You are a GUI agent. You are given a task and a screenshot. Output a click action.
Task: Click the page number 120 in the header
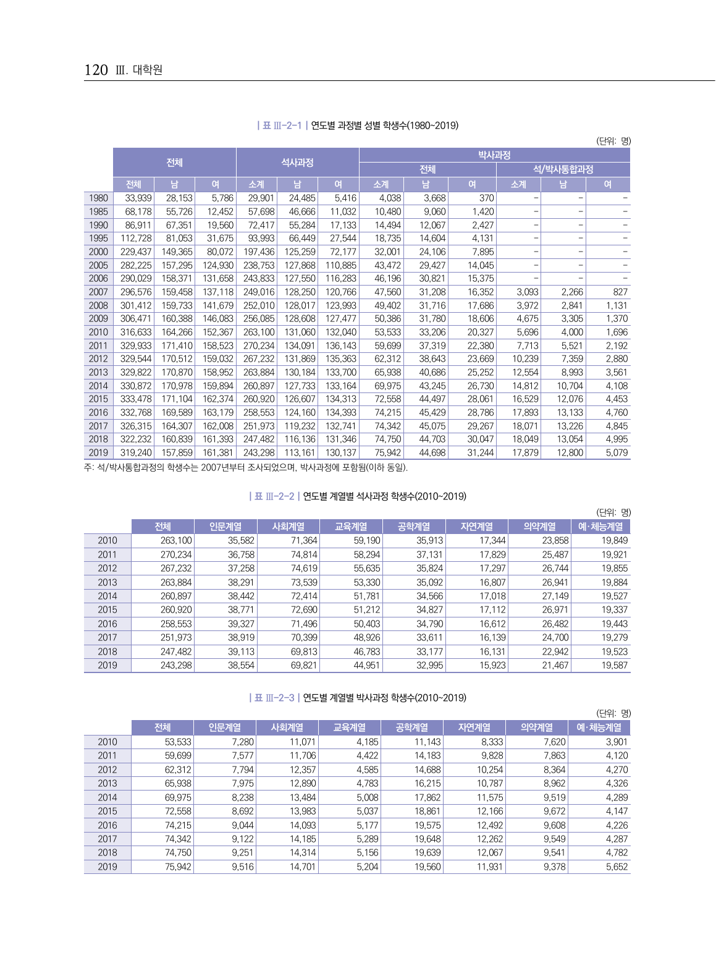coord(96,70)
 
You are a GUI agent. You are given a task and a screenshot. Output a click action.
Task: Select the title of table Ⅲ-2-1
coord(358,125)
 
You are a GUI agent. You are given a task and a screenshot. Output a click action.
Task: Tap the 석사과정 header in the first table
coord(297,163)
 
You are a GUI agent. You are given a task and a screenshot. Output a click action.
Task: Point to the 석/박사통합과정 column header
coord(563,169)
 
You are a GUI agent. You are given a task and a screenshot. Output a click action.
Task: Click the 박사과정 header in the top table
coord(494,155)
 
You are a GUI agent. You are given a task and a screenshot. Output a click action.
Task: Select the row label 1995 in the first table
coord(98,239)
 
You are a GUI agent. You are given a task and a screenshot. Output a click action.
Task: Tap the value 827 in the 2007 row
coord(620,292)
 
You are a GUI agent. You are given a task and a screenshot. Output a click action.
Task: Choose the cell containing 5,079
coord(617,453)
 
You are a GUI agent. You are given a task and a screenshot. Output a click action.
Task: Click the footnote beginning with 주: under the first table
coord(246,467)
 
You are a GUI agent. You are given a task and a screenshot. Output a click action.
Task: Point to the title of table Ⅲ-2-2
coord(358,496)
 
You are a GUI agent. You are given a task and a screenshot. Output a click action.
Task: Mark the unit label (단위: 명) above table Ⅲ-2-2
coord(613,512)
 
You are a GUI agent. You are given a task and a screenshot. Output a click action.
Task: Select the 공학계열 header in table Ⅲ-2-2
coord(413,527)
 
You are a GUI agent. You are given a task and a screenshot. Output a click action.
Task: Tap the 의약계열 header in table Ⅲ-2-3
coord(536,727)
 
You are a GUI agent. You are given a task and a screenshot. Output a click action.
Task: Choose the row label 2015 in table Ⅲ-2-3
coord(107,811)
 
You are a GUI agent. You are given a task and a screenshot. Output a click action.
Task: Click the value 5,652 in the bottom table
coord(617,867)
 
